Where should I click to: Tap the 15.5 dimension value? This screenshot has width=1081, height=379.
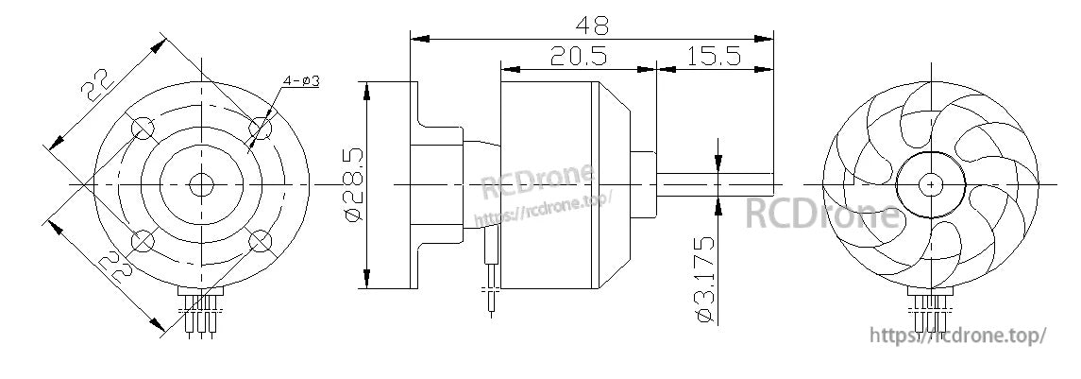click(713, 56)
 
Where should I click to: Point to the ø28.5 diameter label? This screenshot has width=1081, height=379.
click(352, 185)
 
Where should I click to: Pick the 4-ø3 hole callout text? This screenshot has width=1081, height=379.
click(300, 81)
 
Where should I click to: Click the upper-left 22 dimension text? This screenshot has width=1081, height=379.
click(97, 85)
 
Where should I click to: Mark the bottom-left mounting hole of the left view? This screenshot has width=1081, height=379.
click(143, 243)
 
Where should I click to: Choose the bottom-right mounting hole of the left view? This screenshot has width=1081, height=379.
click(261, 243)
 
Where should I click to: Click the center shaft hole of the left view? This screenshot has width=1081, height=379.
click(201, 184)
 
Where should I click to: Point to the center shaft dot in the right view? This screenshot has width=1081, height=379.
click(931, 182)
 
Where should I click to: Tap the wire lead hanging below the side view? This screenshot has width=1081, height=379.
click(490, 284)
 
